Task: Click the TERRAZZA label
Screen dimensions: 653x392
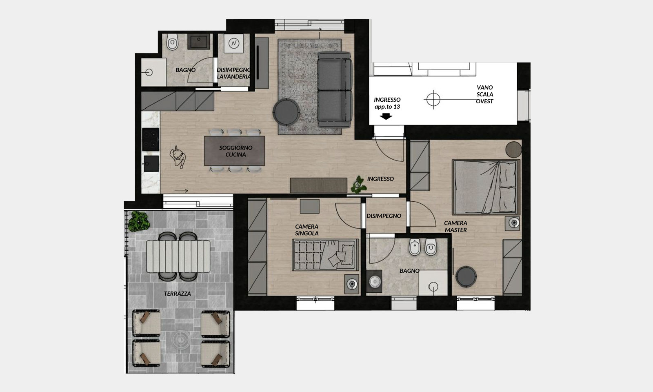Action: (177, 294)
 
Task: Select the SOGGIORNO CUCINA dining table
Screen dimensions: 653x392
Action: (235, 151)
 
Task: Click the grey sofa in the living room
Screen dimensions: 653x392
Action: (334, 89)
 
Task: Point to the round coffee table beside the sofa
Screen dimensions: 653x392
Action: (286, 112)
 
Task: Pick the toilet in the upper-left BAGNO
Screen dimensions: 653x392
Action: (172, 42)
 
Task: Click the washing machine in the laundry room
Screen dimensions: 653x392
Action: (233, 43)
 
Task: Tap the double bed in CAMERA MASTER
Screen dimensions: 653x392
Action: (486, 187)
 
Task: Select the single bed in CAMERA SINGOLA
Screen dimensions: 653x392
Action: (325, 255)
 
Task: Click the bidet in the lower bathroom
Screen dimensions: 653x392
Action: (415, 247)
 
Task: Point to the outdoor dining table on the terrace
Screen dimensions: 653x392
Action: (178, 256)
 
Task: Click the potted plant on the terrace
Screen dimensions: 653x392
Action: (139, 221)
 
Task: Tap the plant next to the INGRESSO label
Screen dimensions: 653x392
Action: (358, 185)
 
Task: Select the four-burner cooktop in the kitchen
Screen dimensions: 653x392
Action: (151, 139)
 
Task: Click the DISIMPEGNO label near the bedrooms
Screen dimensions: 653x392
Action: (384, 216)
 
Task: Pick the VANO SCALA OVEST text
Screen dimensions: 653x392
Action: (484, 94)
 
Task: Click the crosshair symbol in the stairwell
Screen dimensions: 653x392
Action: (433, 100)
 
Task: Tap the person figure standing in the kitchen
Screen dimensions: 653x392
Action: (178, 157)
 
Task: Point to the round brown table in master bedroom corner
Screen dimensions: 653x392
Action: (513, 149)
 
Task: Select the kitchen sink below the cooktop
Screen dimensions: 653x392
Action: (151, 164)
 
